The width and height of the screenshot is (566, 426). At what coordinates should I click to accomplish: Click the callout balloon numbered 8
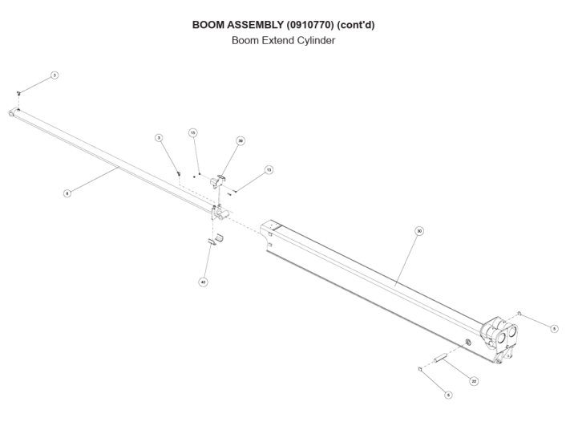tap(67, 193)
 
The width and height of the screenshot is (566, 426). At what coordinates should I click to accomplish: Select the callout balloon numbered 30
tap(419, 230)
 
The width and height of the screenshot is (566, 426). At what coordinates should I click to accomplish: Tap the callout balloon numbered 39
tap(241, 140)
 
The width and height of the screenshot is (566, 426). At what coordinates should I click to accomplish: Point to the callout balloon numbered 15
tap(193, 132)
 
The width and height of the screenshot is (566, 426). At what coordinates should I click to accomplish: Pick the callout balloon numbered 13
tap(269, 170)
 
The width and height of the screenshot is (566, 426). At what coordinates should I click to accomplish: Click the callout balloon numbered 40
tap(203, 282)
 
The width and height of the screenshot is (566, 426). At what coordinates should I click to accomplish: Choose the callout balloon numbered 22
tap(474, 381)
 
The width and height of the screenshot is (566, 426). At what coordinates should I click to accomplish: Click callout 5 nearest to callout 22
tap(448, 395)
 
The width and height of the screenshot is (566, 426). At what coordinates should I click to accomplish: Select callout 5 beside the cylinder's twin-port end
tap(554, 328)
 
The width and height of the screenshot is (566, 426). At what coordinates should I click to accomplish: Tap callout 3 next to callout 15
tap(160, 138)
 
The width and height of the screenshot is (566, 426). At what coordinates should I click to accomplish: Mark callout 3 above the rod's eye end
tap(54, 75)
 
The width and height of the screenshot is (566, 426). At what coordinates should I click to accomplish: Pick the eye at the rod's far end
tap(13, 114)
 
